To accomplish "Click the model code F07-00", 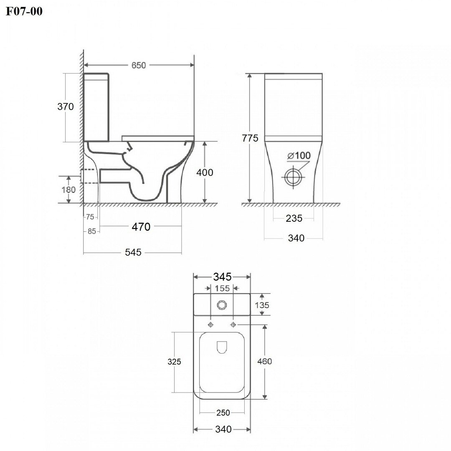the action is click(x=24, y=11).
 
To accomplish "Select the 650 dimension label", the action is click(x=139, y=65).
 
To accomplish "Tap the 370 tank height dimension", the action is click(x=66, y=107).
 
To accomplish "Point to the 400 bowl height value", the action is click(x=205, y=172).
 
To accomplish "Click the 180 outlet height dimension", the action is click(x=68, y=190).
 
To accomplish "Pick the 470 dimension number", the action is click(x=141, y=227).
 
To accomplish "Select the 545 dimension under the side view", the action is click(x=133, y=252).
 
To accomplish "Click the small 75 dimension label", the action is click(x=90, y=217).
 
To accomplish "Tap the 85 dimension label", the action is click(x=92, y=231).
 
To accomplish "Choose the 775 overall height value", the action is click(x=250, y=138).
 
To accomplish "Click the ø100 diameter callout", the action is click(x=299, y=156).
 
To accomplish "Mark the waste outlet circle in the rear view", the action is click(x=293, y=177).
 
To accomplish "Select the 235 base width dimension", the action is click(x=294, y=218).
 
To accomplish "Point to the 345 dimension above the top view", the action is click(x=222, y=277).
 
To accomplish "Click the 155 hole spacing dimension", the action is click(x=222, y=288).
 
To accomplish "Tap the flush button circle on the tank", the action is click(x=222, y=305).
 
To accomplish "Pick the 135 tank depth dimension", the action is click(x=262, y=305).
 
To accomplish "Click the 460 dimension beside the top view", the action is click(x=265, y=361).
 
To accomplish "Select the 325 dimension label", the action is click(x=174, y=362).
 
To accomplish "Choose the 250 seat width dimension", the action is click(x=223, y=413).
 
